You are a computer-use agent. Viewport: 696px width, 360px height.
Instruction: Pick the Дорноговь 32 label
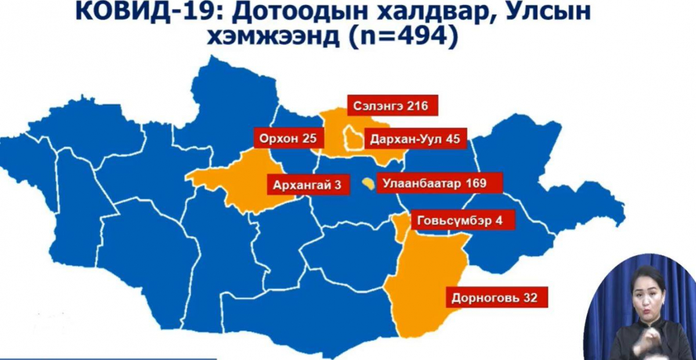tap(495, 299)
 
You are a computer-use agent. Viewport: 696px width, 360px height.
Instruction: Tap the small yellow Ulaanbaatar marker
tap(367, 184)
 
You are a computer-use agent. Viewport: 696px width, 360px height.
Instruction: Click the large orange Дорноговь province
tap(423, 284)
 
